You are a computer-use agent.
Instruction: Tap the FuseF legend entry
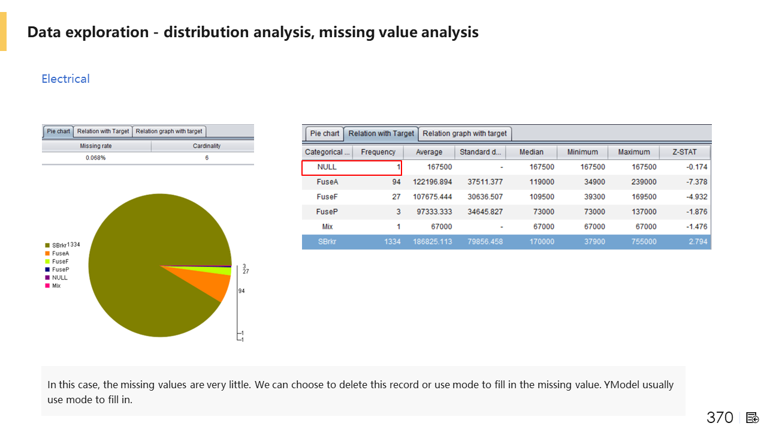tap(60, 262)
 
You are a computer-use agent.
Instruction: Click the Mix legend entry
tap(56, 286)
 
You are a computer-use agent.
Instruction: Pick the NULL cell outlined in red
tap(327, 167)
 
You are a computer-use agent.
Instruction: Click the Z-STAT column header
tap(685, 152)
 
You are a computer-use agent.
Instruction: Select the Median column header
tap(531, 152)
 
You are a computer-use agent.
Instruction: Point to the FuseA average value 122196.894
tap(433, 182)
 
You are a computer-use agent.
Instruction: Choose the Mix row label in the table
tap(327, 227)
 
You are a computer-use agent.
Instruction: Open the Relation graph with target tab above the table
tap(464, 133)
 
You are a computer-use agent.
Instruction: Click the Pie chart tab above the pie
tap(58, 131)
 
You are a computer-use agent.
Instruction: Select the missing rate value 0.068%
tap(96, 158)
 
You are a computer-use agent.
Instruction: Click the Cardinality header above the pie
tap(207, 146)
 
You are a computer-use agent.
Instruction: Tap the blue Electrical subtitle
tap(65, 79)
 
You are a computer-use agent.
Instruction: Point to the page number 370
tap(720, 418)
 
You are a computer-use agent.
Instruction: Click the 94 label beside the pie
tap(241, 291)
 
